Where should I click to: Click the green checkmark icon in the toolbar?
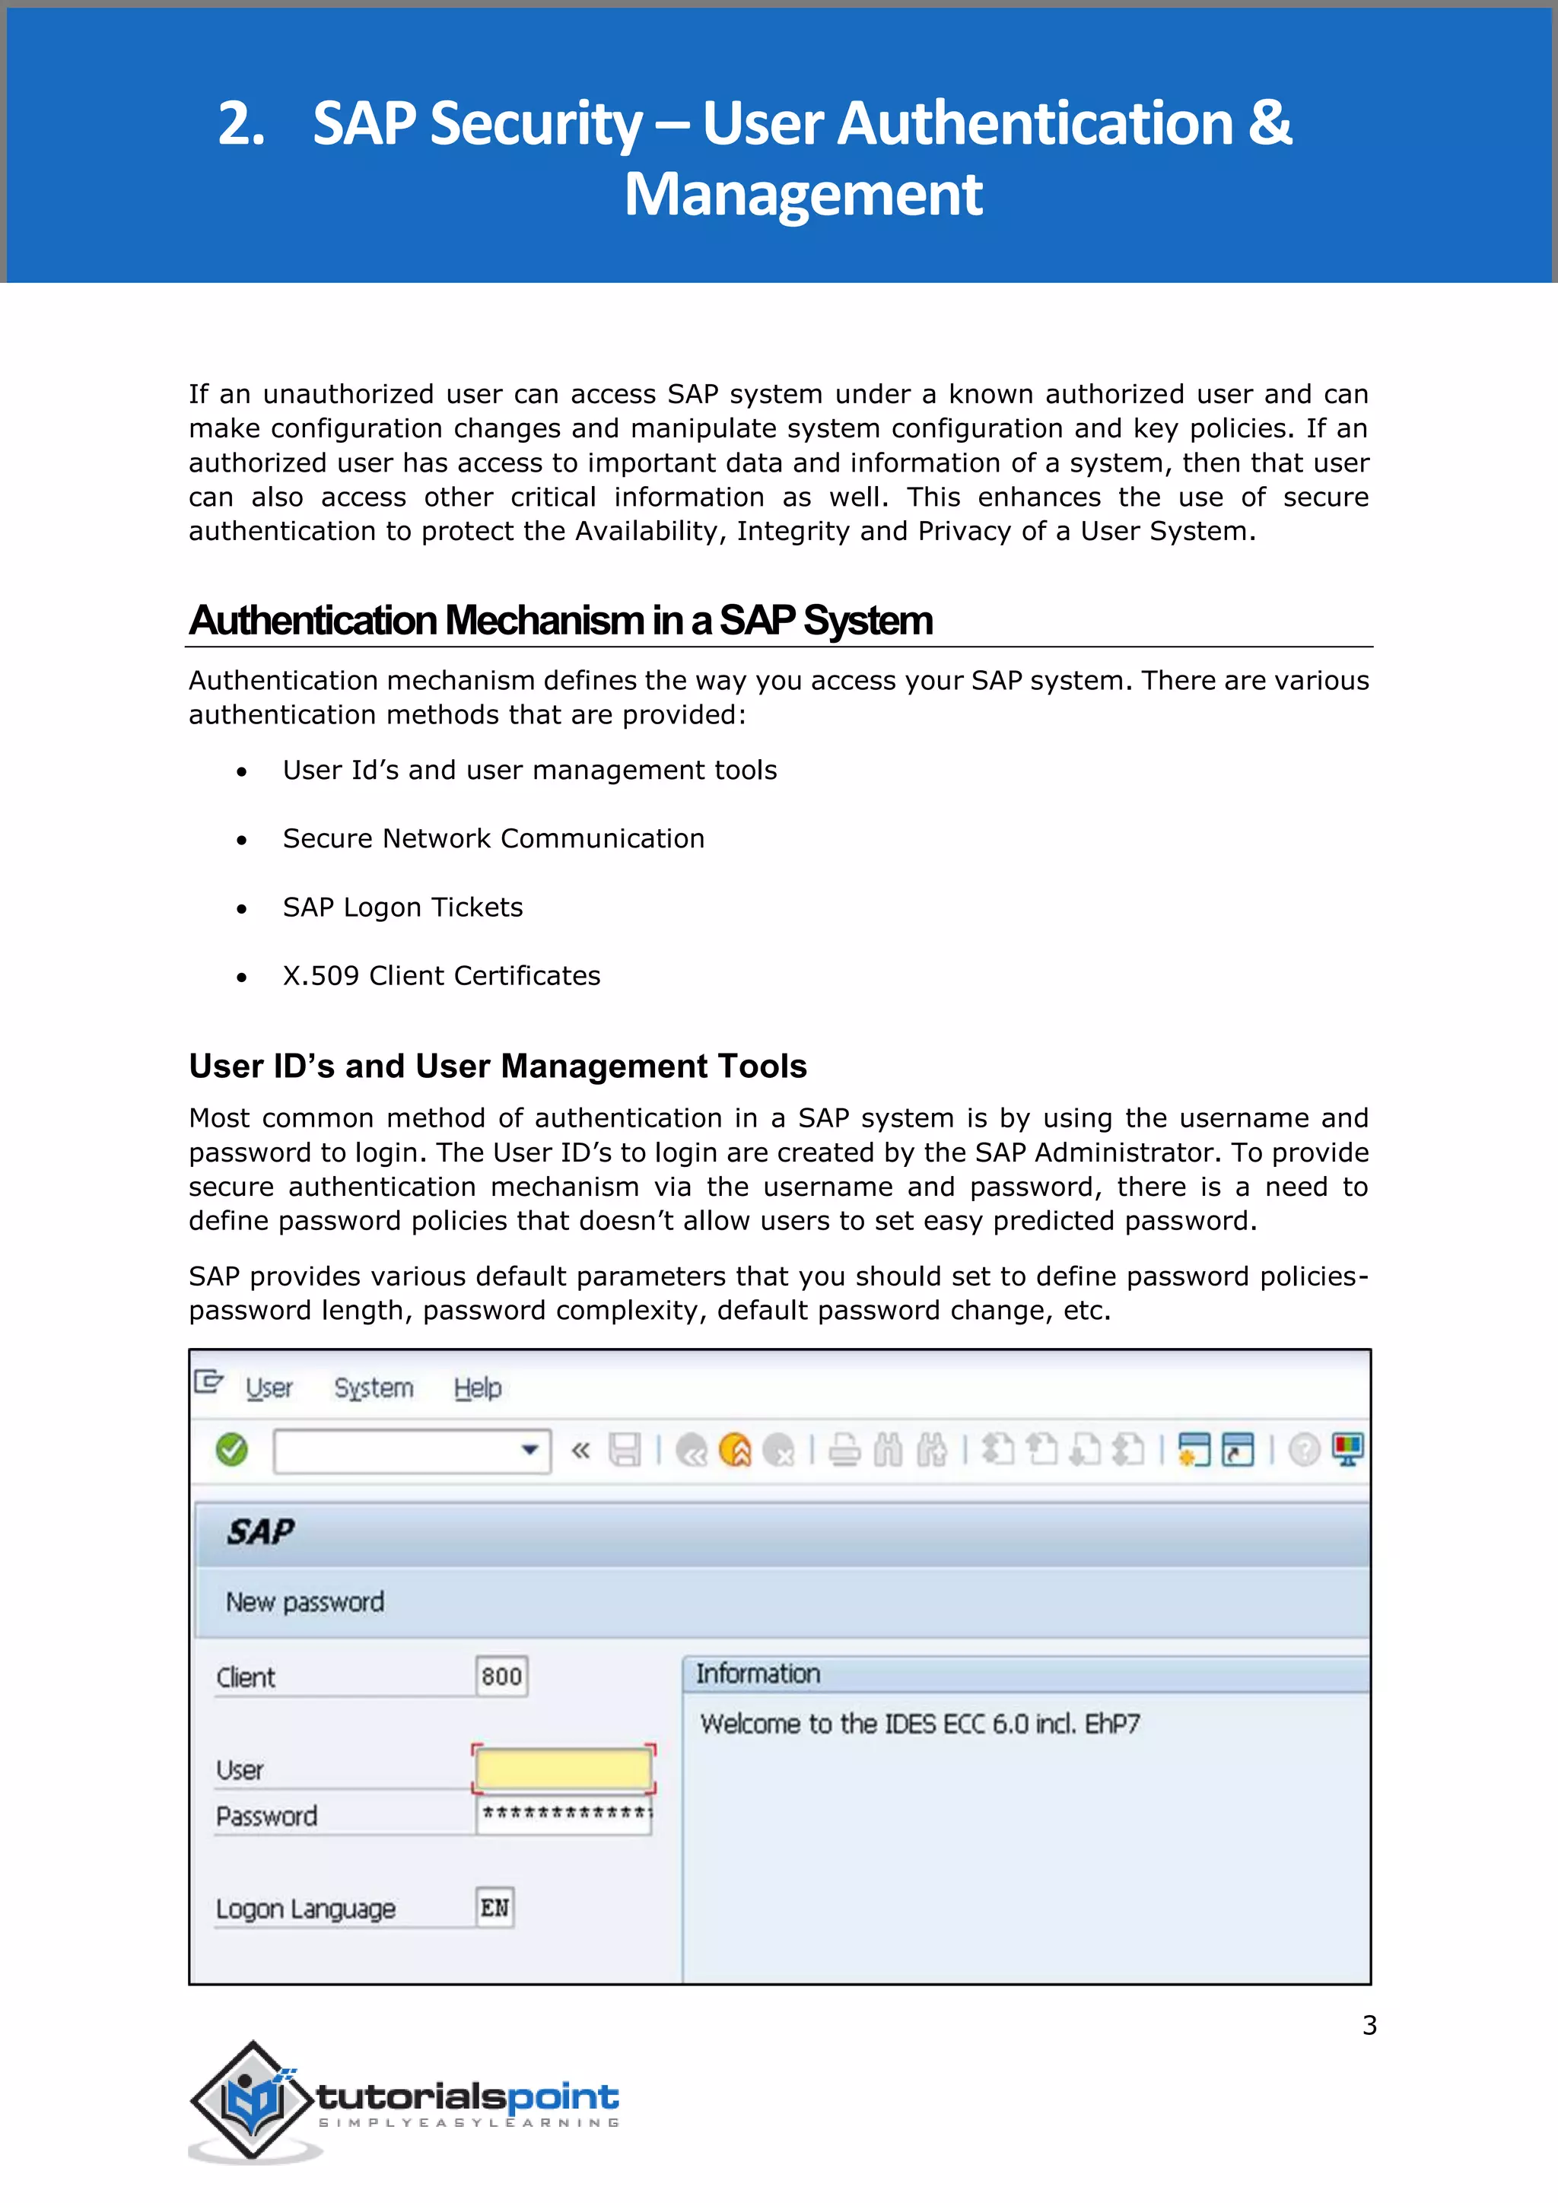pos(231,1449)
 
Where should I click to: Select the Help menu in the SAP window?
pos(477,1388)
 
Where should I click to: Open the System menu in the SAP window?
pos(374,1388)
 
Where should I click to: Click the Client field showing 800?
pos(501,1677)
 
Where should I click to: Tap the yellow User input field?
pos(563,1769)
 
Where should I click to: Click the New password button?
pos(305,1601)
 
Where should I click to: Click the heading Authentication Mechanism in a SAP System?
pos(560,621)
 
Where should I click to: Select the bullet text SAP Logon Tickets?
pos(403,907)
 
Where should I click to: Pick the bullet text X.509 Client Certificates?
pos(441,976)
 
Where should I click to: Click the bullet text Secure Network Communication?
pos(493,838)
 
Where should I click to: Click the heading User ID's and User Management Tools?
pos(497,1066)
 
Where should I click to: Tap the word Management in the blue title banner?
pos(803,195)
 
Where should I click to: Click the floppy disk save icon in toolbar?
pos(625,1449)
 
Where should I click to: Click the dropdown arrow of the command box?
pos(529,1450)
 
